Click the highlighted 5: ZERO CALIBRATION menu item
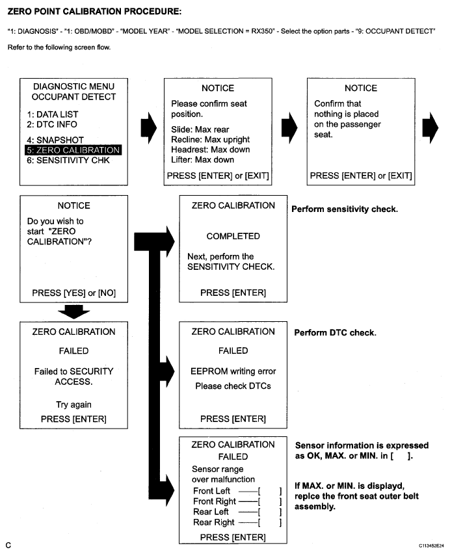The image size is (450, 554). click(x=73, y=150)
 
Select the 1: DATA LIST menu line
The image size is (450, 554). click(x=53, y=114)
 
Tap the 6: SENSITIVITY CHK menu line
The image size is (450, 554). click(x=68, y=161)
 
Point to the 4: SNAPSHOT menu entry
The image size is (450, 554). click(x=55, y=140)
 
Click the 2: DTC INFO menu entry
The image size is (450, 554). click(x=52, y=124)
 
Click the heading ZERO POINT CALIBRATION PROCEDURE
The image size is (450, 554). click(x=94, y=11)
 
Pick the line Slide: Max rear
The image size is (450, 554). click(x=200, y=129)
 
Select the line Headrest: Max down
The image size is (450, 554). click(x=211, y=150)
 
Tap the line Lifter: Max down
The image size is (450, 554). click(x=202, y=160)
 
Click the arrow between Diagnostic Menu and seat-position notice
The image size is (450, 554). click(x=149, y=128)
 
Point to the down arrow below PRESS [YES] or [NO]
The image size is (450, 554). click(x=74, y=311)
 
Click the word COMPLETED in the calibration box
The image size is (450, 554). click(x=233, y=236)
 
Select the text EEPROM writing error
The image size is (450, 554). click(x=233, y=371)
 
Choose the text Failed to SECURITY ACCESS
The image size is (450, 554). click(x=74, y=376)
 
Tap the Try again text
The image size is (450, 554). click(x=74, y=404)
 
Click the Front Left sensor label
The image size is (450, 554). click(x=211, y=491)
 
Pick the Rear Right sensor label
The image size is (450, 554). click(x=214, y=522)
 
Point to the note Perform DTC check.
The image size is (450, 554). click(x=335, y=332)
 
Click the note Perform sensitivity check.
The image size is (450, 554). click(x=345, y=209)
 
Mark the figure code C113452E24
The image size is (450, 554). click(x=432, y=546)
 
